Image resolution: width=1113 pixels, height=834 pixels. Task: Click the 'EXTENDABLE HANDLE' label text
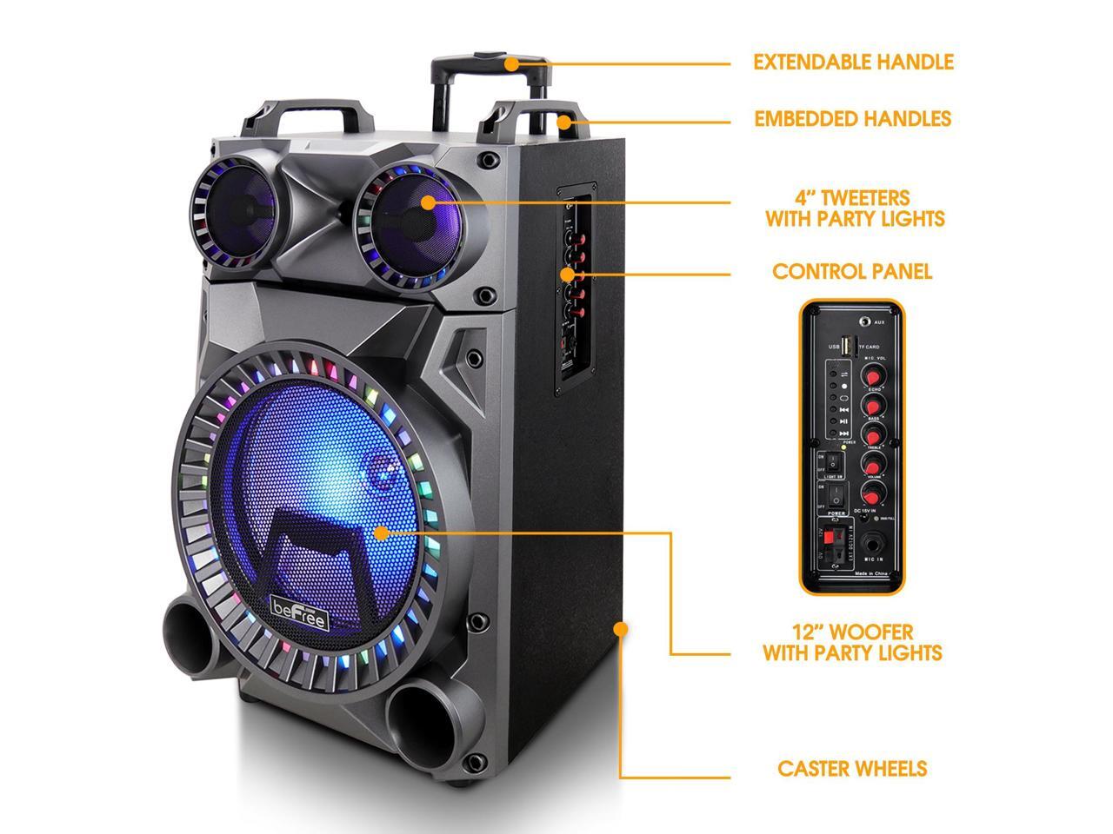(x=853, y=63)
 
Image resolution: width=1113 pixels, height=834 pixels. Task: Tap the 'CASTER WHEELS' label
(x=852, y=769)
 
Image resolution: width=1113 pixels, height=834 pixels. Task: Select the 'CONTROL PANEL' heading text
(x=852, y=272)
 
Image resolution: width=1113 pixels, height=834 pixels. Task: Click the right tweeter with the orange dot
(x=428, y=202)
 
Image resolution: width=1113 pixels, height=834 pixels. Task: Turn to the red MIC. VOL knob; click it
(x=872, y=374)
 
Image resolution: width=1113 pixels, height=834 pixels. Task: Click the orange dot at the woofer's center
(x=381, y=530)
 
